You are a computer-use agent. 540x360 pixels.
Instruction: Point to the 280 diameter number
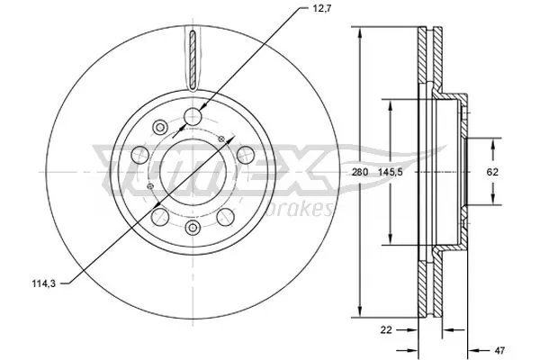(x=361, y=171)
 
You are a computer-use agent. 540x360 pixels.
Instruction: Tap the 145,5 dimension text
(x=390, y=171)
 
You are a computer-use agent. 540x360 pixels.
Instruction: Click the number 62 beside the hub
(x=492, y=171)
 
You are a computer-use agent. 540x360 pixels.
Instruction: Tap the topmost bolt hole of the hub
(x=193, y=115)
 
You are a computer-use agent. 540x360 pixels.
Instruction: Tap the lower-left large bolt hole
(x=160, y=217)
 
